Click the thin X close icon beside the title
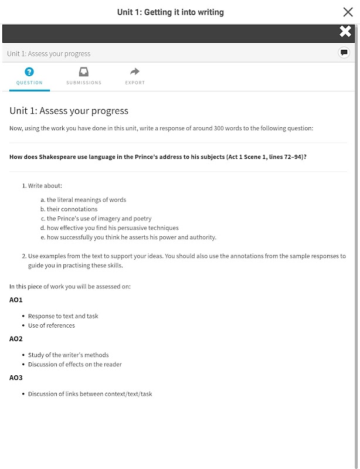(x=347, y=12)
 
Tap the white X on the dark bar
(x=345, y=32)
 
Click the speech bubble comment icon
(x=344, y=53)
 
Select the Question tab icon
(x=29, y=72)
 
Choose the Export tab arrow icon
(x=135, y=72)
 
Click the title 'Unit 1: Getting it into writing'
(x=170, y=12)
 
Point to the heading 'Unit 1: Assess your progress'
(x=69, y=111)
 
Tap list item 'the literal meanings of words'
(x=86, y=200)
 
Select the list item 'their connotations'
(x=72, y=209)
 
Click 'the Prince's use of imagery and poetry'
(x=99, y=219)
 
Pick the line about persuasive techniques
(x=113, y=228)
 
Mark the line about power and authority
(x=131, y=237)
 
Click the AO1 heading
(x=16, y=300)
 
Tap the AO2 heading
(x=16, y=338)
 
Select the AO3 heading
(x=16, y=378)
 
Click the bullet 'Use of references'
(x=52, y=325)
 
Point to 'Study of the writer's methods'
(x=68, y=355)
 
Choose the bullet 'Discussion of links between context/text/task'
(x=90, y=394)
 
